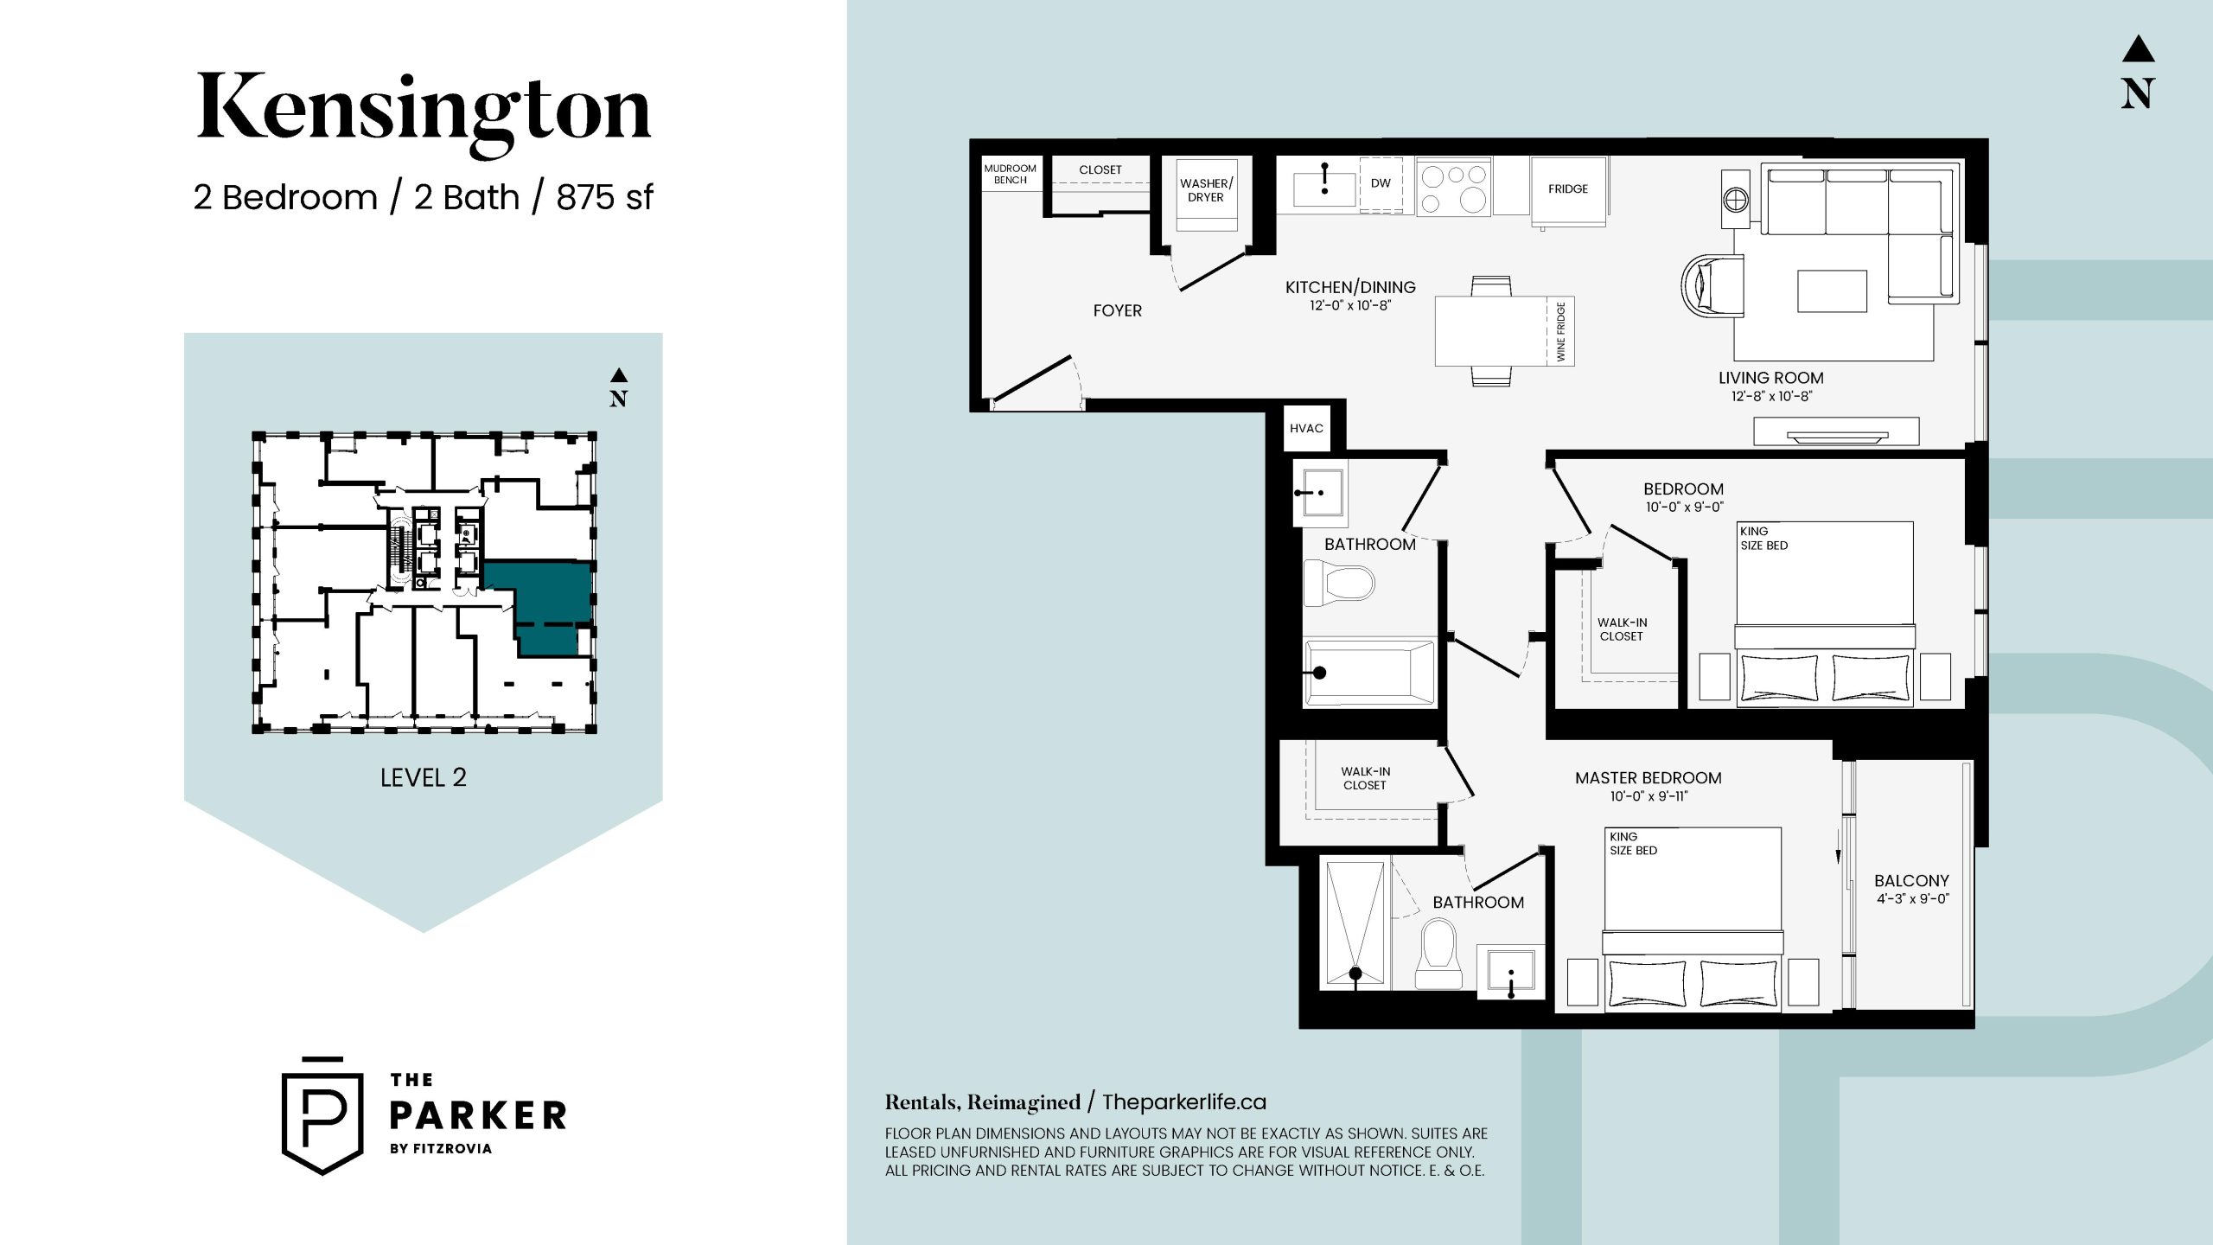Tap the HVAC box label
click(1306, 429)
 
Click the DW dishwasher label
click(1381, 183)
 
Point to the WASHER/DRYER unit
click(1207, 195)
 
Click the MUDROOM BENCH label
click(1010, 174)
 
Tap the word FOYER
click(1117, 310)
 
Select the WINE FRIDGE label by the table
click(1560, 332)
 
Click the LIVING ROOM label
click(1770, 378)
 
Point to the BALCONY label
click(1911, 880)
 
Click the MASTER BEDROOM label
click(1648, 778)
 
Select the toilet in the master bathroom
click(1438, 954)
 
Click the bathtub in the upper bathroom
click(1369, 673)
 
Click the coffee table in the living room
click(1832, 291)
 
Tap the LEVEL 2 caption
click(423, 778)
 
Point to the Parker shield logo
click(322, 1115)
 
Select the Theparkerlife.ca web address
click(1183, 1102)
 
